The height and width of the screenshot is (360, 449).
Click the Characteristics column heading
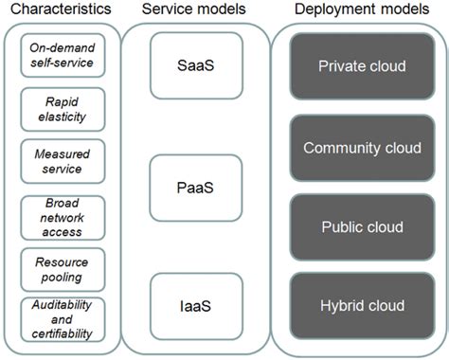click(x=60, y=11)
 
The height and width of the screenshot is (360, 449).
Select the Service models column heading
click(x=195, y=11)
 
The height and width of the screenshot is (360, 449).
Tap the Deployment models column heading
click(x=360, y=11)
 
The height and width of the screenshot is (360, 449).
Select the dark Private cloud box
click(x=361, y=68)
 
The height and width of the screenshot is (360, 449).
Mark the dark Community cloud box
click(x=361, y=148)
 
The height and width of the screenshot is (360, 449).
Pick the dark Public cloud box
click(x=361, y=227)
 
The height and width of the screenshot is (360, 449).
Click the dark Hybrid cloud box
click(x=361, y=305)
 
